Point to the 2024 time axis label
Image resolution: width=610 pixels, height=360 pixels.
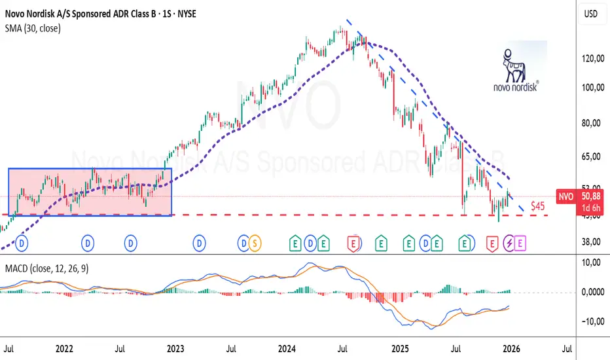pos(288,350)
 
